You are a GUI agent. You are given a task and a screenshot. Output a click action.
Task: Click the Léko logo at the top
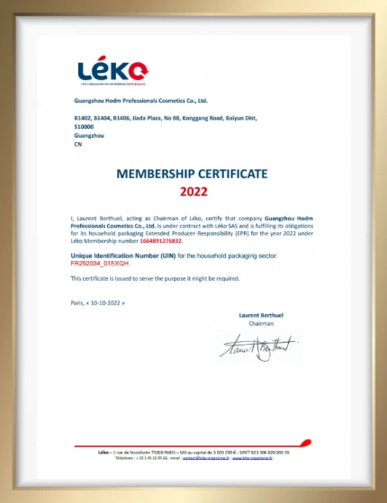tap(112, 69)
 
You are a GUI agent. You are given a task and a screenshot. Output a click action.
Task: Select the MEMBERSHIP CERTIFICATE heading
tap(193, 174)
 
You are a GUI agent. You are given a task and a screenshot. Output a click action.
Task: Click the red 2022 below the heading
tap(193, 191)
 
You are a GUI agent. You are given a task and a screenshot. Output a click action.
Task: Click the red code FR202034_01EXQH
tap(99, 264)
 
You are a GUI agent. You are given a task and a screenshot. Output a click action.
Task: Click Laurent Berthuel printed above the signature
tap(260, 315)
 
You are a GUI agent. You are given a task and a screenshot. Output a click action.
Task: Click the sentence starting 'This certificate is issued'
tap(155, 279)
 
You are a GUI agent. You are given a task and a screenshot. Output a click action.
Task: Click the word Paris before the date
tap(76, 303)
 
